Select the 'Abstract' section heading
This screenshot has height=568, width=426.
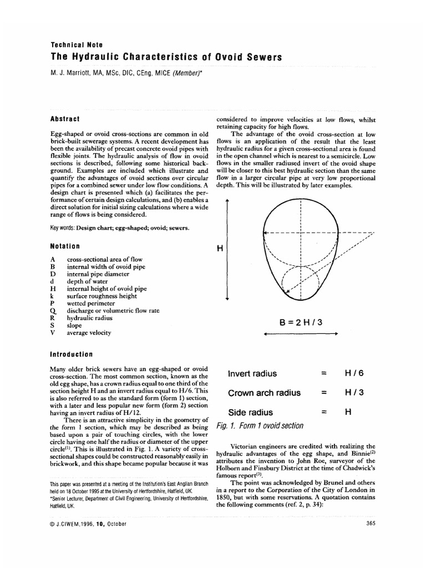[65, 119]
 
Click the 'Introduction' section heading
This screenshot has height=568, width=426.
[72, 354]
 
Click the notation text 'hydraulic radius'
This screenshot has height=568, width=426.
[89, 318]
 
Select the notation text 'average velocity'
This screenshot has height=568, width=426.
[89, 333]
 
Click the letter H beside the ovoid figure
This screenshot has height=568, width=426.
[219, 249]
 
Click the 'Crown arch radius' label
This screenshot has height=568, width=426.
[264, 393]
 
